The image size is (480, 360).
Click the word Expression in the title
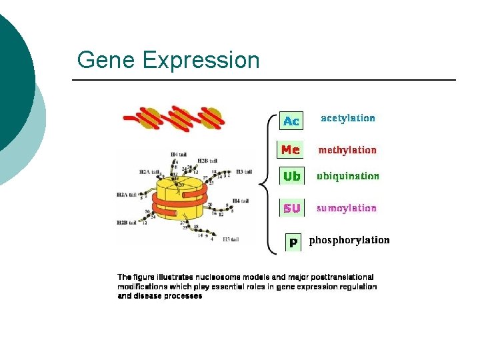pos(200,61)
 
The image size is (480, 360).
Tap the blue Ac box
pos(291,121)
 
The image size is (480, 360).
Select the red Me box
pos(290,149)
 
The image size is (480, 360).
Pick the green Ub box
pos(291,177)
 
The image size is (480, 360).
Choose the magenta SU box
pos(291,208)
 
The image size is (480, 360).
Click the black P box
pos(293,243)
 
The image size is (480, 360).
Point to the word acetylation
pos(348,118)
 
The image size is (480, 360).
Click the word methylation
pos(347,150)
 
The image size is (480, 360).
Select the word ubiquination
pos(347,177)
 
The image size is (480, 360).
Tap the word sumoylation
pos(347,208)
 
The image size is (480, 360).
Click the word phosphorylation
pos(349,240)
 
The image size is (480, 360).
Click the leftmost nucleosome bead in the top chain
pos(151,118)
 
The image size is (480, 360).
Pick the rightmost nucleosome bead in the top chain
pos(210,118)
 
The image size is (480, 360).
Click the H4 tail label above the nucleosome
pos(178,155)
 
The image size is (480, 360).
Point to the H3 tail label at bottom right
pos(230,239)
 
